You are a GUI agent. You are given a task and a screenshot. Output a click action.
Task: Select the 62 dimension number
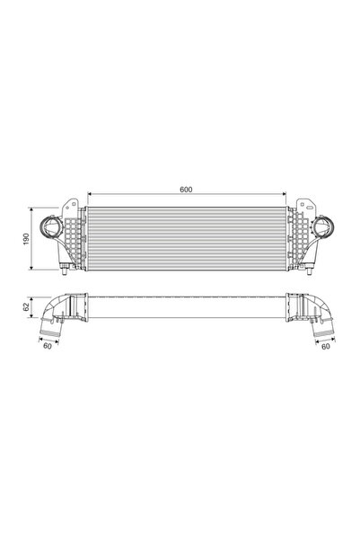tap(27, 307)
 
